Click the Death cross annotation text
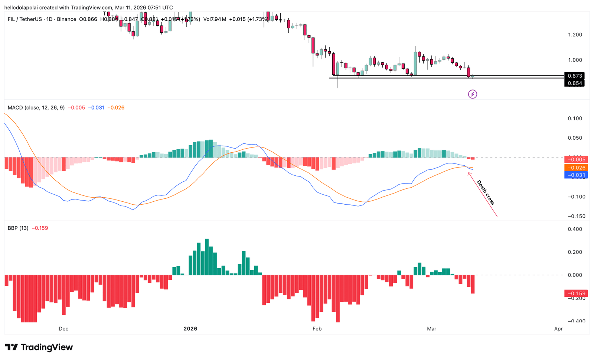486,192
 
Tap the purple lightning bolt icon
472,94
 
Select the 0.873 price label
574,76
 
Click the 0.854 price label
574,83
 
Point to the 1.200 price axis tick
575,35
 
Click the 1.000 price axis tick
575,60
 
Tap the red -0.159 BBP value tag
576,293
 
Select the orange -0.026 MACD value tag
576,168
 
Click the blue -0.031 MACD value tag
576,175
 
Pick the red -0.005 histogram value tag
576,160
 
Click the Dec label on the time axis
63,329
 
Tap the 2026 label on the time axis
190,329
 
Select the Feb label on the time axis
317,329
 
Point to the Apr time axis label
558,329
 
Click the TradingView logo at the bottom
39,347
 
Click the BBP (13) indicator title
18,228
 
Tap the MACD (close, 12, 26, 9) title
36,108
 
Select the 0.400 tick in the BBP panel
575,229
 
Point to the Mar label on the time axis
431,329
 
